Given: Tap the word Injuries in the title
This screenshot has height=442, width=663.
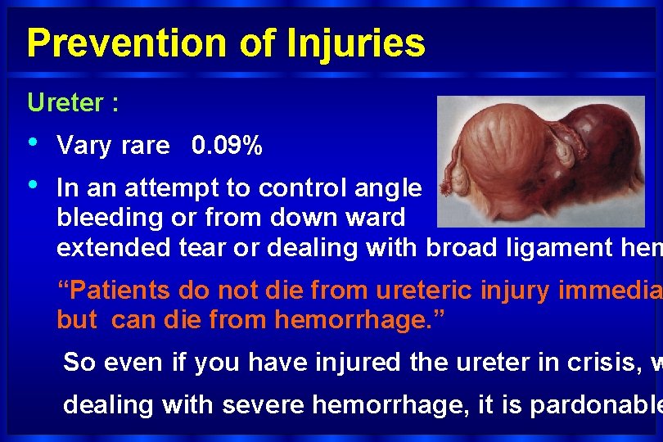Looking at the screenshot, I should [x=356, y=43].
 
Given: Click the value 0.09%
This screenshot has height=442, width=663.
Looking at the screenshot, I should [x=227, y=147].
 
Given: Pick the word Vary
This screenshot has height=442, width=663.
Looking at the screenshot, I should [x=83, y=147].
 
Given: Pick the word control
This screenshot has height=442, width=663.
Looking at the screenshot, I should [x=289, y=188].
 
